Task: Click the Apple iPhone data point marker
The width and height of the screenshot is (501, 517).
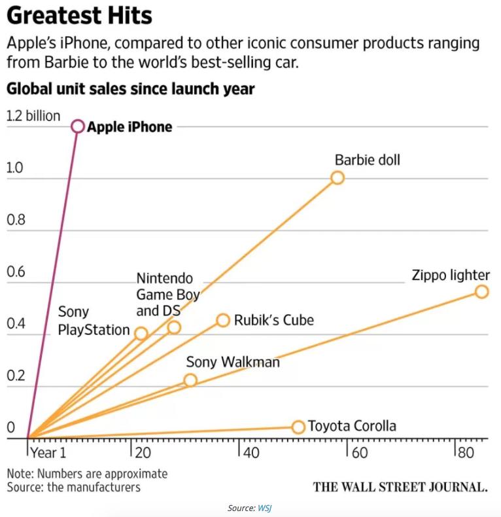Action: pyautogui.click(x=78, y=126)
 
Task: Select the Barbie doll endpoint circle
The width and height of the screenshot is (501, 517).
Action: pyautogui.click(x=337, y=177)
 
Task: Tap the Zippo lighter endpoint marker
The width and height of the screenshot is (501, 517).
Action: pyautogui.click(x=481, y=291)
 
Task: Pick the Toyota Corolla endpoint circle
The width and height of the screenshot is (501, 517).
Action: pyautogui.click(x=298, y=427)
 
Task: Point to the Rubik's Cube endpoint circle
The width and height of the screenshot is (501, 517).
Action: pyautogui.click(x=223, y=320)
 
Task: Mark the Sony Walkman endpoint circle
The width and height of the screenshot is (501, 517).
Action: pyautogui.click(x=190, y=380)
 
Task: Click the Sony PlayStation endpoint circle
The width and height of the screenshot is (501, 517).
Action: pyautogui.click(x=141, y=333)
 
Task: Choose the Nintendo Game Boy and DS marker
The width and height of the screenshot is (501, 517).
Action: pyautogui.click(x=174, y=327)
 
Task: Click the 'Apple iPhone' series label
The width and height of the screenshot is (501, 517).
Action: pyautogui.click(x=130, y=127)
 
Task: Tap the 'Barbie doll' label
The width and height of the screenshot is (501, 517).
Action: pyautogui.click(x=368, y=160)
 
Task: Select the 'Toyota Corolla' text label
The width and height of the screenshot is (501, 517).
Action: pyautogui.click(x=352, y=426)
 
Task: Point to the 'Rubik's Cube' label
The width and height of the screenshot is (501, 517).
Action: pyautogui.click(x=273, y=320)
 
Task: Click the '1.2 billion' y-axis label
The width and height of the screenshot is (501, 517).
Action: pyautogui.click(x=33, y=116)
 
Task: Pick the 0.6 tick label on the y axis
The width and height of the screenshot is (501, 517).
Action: pyautogui.click(x=15, y=272)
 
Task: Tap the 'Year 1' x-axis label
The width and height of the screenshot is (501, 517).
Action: pyautogui.click(x=47, y=452)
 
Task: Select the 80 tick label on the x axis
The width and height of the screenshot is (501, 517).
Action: pyautogui.click(x=464, y=452)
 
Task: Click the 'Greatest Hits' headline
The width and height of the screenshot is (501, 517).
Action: pyautogui.click(x=79, y=16)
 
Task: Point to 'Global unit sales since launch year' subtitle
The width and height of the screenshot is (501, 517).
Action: pyautogui.click(x=130, y=88)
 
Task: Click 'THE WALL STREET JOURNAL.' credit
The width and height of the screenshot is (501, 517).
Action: pyautogui.click(x=400, y=486)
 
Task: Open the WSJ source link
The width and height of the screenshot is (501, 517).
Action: pyautogui.click(x=264, y=508)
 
